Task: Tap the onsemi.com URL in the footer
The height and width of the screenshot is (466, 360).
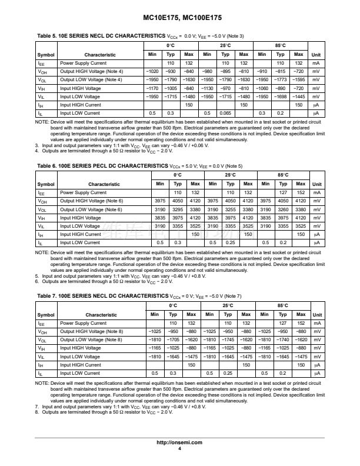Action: click(x=179, y=442)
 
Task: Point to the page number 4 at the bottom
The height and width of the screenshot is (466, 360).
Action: click(x=179, y=448)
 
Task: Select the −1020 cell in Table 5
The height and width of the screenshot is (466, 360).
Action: click(x=152, y=71)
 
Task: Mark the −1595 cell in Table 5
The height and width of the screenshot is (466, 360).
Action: click(x=299, y=79)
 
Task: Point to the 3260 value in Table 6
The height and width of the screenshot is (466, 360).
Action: click(x=283, y=209)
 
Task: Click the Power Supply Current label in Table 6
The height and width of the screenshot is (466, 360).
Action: click(x=83, y=192)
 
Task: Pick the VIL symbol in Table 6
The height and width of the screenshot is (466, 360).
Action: click(x=41, y=226)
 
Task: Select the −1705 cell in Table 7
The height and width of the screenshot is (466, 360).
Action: click(x=174, y=340)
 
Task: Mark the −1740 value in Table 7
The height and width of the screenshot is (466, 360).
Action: click(x=283, y=340)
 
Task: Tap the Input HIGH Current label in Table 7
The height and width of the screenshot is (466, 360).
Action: click(x=80, y=365)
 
